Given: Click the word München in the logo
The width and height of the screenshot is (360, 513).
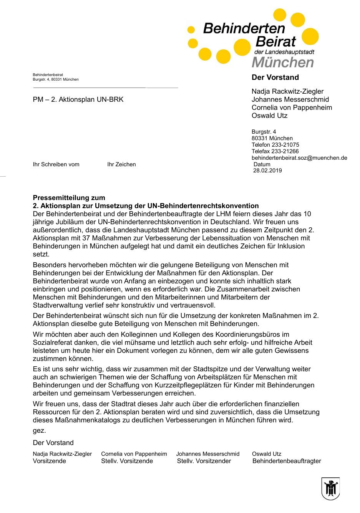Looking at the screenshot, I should (x=283, y=62).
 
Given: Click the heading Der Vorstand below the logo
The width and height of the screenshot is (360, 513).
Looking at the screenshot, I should (x=275, y=78).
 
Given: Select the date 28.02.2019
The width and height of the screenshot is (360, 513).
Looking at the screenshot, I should (x=267, y=170).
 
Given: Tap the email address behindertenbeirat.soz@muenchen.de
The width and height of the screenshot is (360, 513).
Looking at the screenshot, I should (x=299, y=158).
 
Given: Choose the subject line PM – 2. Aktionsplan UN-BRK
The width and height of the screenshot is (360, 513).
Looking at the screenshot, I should (x=78, y=100).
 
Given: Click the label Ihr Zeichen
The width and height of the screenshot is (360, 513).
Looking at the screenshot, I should (x=121, y=164).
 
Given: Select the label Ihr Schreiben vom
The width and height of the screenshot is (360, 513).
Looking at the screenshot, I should (x=56, y=164).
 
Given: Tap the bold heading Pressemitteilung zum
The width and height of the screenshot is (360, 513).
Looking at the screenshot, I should (x=69, y=198).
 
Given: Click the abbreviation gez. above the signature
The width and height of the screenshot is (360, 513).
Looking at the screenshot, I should (x=39, y=430).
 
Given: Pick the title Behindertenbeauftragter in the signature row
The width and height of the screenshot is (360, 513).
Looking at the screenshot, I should (x=287, y=461).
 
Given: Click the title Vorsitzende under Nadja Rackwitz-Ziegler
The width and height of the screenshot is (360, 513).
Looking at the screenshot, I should (x=50, y=461).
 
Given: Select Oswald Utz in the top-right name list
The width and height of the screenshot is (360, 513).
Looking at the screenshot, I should (x=269, y=116).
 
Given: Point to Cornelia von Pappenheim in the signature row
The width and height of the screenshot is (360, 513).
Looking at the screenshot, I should (x=134, y=454).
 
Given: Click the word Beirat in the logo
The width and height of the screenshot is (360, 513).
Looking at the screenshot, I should (x=275, y=41).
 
